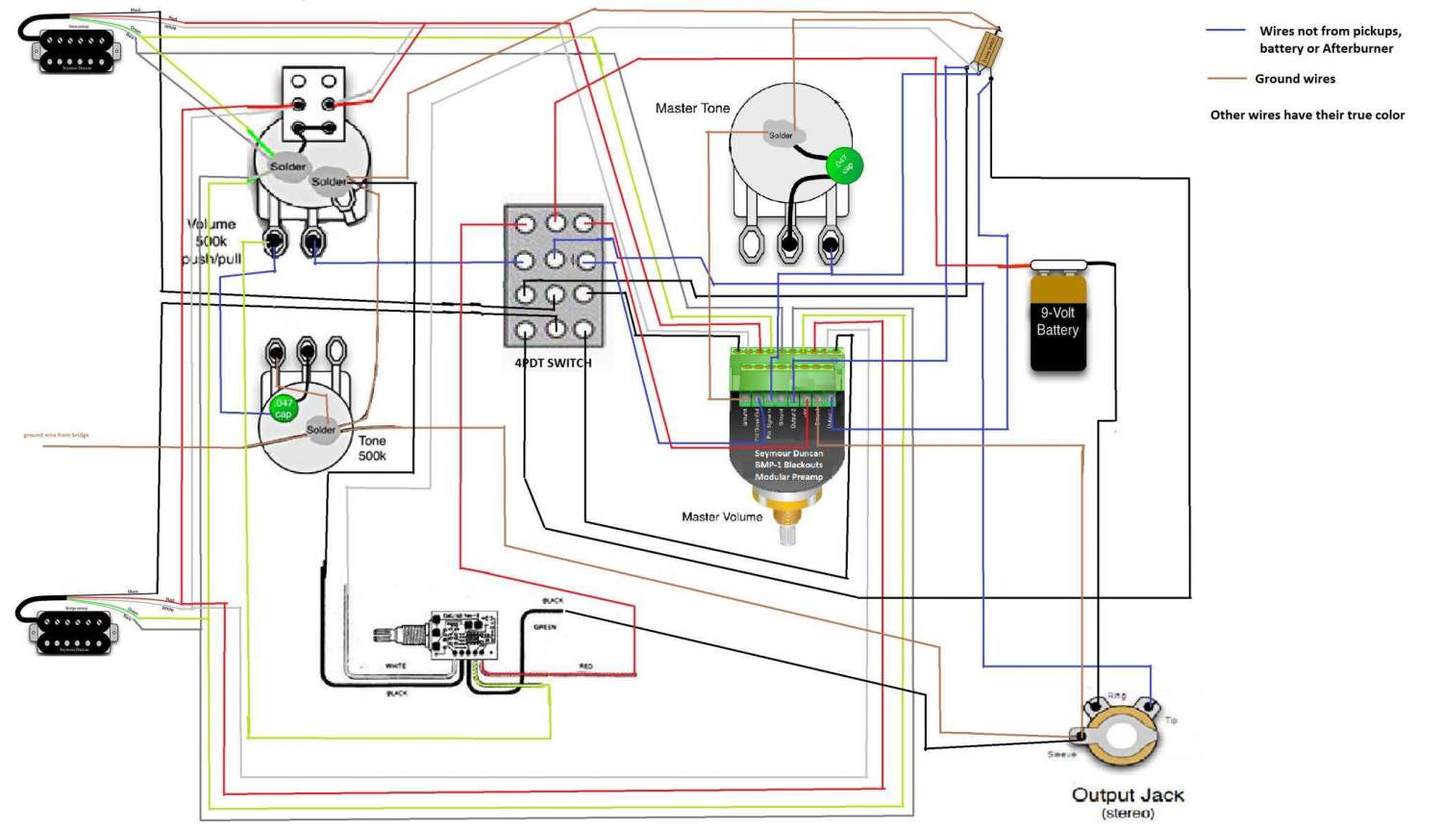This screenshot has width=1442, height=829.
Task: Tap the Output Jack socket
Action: click(x=1121, y=736)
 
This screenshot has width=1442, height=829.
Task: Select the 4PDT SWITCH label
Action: click(x=553, y=364)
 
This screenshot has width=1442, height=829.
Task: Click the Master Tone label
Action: click(x=692, y=109)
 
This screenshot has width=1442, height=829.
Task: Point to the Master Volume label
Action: click(x=722, y=517)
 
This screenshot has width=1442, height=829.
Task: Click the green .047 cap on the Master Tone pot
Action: click(x=844, y=165)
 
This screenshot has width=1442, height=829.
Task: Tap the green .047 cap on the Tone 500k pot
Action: click(x=283, y=409)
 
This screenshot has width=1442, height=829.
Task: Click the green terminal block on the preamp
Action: click(x=786, y=378)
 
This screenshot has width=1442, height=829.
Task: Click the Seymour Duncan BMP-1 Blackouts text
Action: click(x=788, y=465)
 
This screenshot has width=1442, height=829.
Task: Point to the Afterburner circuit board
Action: click(x=463, y=635)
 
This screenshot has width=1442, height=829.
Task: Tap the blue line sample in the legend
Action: click(x=1226, y=31)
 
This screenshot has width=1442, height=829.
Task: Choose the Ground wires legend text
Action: click(x=1294, y=79)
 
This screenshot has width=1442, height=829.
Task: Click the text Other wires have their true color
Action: click(x=1306, y=115)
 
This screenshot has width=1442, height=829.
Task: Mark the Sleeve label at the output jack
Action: click(x=1061, y=755)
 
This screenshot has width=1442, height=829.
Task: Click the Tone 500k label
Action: click(x=372, y=448)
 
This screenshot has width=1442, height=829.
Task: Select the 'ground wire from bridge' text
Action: click(x=56, y=436)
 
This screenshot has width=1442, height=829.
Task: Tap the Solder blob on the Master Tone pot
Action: click(x=781, y=136)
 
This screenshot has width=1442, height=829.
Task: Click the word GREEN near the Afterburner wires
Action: click(x=545, y=627)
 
